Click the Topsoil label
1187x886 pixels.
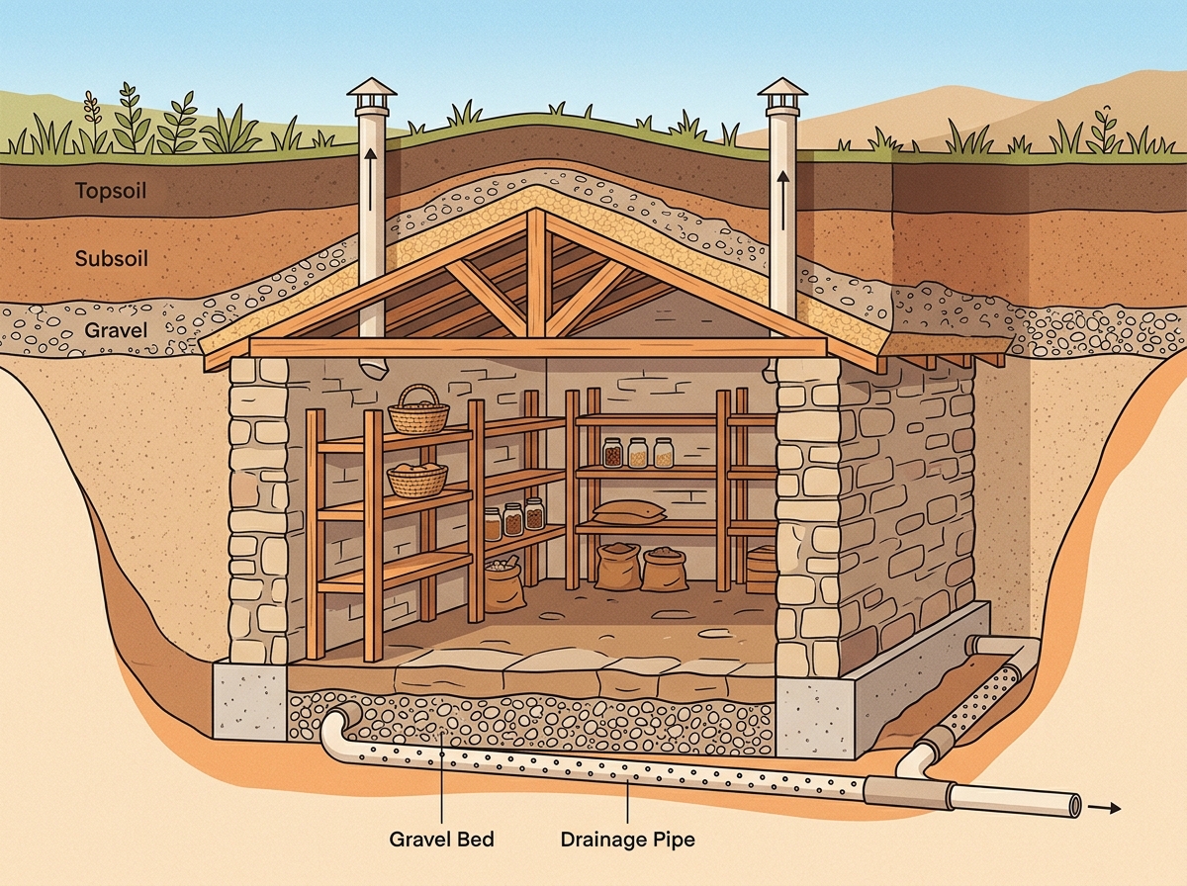111,191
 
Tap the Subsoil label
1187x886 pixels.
112,258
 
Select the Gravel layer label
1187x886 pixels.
116,329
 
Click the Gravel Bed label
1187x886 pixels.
442,839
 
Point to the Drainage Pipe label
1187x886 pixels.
627,839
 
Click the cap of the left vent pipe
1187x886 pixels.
372,94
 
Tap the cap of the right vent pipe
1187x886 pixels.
782,94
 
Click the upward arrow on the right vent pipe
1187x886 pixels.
783,201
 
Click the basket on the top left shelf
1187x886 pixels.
418,409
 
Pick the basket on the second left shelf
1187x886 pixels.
417,480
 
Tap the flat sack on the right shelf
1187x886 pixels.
629,511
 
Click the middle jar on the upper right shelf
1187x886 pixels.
638,453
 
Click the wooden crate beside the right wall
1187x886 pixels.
762,570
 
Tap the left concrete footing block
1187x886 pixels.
249,702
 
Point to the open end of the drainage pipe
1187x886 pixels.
1074,807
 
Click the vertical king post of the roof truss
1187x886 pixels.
536,274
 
